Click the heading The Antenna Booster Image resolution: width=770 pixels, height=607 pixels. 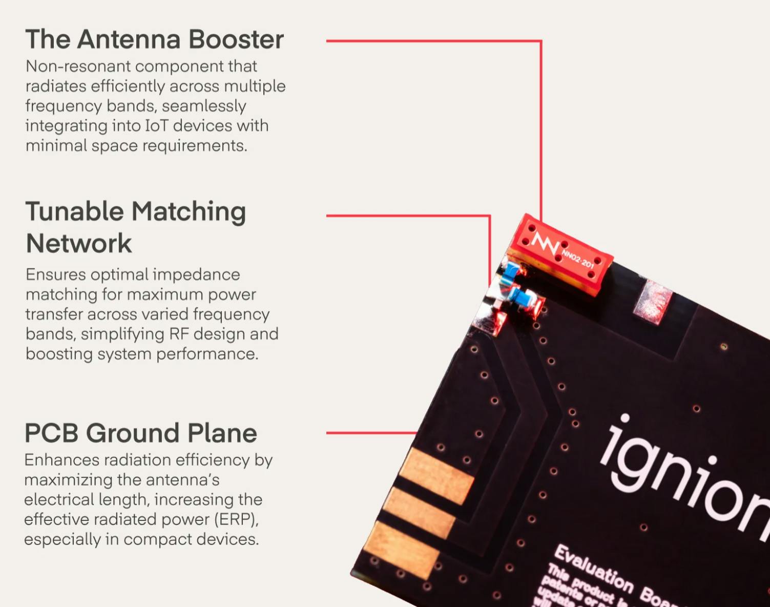pos(154,39)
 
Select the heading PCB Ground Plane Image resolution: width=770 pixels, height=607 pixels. pos(140,433)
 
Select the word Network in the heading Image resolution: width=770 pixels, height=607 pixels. pos(79,243)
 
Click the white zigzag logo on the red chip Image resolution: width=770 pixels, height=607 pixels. pos(545,242)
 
